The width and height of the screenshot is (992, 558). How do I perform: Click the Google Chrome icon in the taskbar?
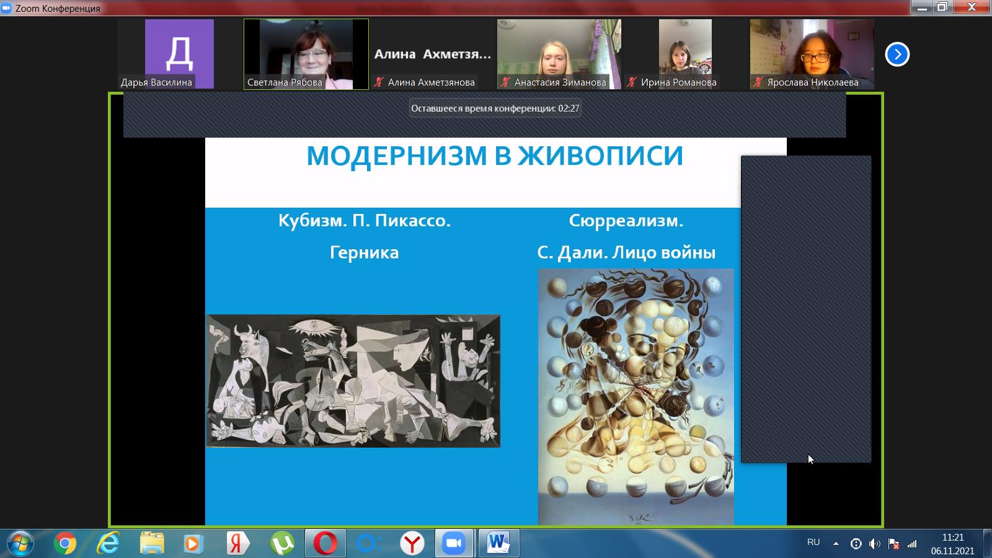65,543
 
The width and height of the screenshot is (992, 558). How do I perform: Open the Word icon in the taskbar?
498,543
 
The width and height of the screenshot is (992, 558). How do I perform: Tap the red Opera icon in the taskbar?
325,543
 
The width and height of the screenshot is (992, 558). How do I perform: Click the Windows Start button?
20,543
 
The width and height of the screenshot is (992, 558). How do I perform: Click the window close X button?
972,7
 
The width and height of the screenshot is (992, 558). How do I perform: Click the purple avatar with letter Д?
179,54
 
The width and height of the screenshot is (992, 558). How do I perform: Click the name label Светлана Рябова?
285,82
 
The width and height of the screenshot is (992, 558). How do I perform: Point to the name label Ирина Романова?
678,82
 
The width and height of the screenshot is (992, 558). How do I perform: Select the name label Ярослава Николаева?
813,82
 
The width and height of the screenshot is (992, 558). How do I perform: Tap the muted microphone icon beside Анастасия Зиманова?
505,82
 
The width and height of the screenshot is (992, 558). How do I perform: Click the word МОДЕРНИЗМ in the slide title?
397,156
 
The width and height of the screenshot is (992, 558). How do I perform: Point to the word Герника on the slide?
364,253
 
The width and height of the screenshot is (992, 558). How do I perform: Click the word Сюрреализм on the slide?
626,221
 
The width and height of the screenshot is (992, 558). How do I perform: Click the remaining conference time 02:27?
569,108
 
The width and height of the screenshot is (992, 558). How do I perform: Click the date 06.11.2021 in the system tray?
952,551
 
